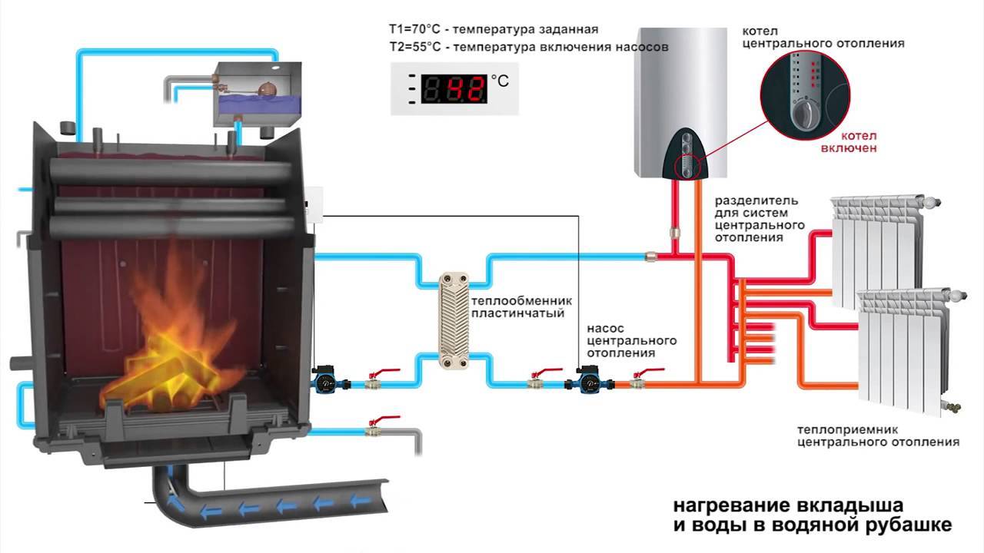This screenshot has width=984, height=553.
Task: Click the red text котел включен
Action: tap(848, 141)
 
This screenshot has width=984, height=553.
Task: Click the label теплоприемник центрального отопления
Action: tap(877, 435)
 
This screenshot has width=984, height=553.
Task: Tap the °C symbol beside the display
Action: tap(500, 79)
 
